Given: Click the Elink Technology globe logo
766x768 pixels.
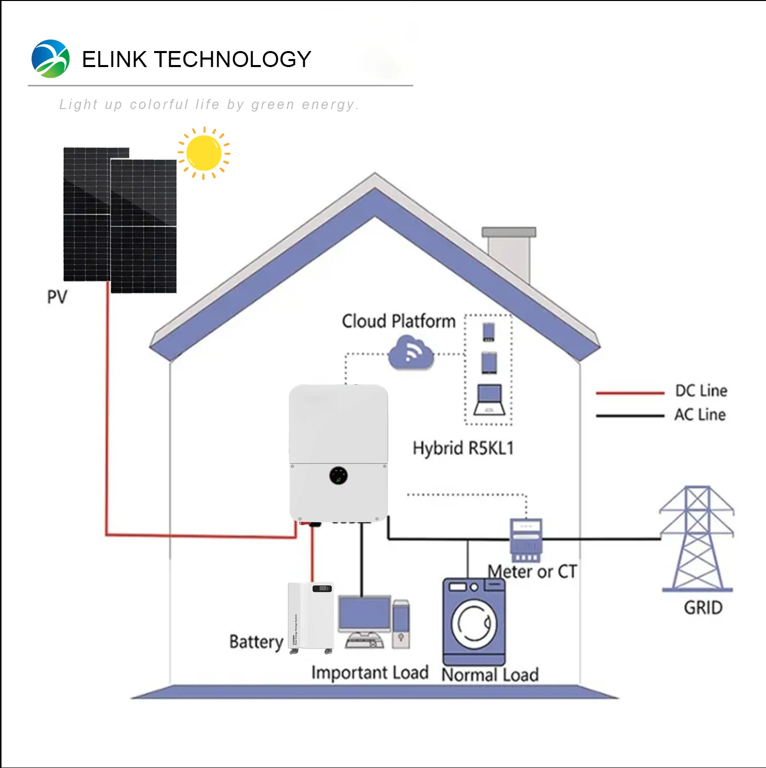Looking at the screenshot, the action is (x=50, y=59).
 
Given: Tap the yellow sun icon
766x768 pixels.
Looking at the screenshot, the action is (x=204, y=153).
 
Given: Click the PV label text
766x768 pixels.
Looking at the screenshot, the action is (x=57, y=297).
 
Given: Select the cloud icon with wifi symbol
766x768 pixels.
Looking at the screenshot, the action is (x=411, y=353).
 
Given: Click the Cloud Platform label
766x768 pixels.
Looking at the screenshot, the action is (x=399, y=321).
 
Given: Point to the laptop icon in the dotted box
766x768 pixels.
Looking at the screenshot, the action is (x=489, y=400).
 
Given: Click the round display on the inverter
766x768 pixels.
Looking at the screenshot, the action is (x=339, y=476).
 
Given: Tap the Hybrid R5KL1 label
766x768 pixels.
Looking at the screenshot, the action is (x=463, y=448).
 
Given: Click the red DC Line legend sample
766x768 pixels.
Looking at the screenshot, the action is (x=630, y=393).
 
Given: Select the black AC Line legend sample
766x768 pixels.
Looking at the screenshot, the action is (x=630, y=416).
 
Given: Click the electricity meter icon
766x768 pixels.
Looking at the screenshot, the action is (x=526, y=540).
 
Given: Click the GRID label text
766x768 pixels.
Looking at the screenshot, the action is (x=703, y=608).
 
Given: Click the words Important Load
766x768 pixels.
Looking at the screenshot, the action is (x=370, y=673).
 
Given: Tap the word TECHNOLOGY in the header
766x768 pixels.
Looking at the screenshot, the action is (x=233, y=59).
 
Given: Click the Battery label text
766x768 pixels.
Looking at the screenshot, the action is (x=256, y=642).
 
